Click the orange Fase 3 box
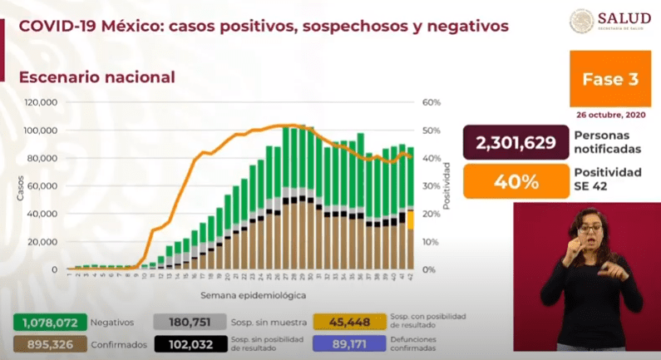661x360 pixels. (x=610, y=80)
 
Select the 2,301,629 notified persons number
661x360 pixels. (x=515, y=143)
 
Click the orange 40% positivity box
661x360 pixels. (x=515, y=180)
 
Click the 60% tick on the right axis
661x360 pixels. (x=431, y=102)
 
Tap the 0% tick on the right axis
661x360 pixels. (x=429, y=269)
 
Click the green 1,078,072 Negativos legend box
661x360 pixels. (x=41, y=322)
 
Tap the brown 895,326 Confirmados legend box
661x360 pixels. (x=41, y=343)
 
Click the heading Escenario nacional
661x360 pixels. (x=96, y=76)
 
